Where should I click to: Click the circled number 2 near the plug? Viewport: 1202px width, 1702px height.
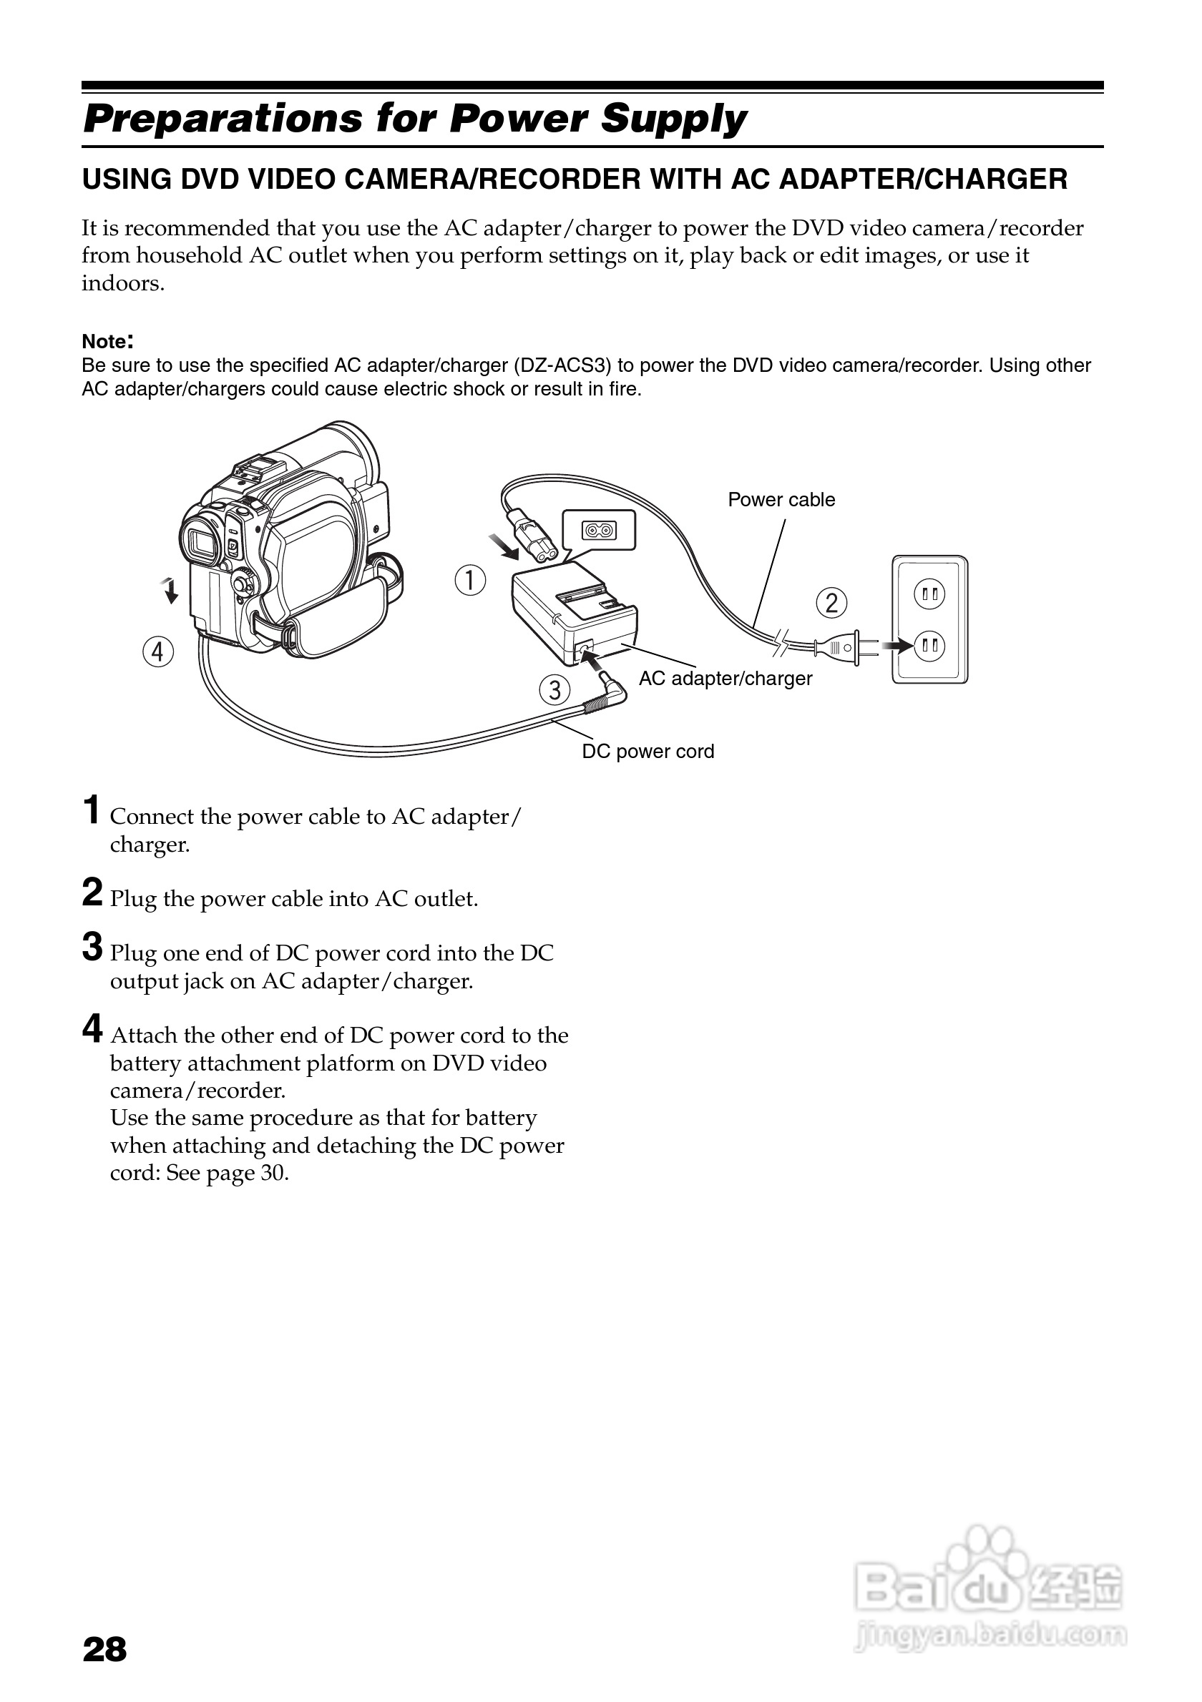(831, 603)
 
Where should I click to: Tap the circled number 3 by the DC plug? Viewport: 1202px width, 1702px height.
(554, 690)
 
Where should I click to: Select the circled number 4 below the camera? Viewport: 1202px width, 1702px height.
(158, 652)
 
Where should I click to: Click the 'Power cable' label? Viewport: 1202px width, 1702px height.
(781, 500)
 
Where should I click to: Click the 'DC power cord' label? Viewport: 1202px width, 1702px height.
(648, 751)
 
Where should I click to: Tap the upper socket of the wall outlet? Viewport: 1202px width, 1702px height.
(930, 594)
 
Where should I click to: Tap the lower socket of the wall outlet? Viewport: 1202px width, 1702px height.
(930, 646)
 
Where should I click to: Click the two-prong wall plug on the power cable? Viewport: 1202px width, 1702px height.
(841, 647)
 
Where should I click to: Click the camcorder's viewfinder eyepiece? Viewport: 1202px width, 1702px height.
(202, 541)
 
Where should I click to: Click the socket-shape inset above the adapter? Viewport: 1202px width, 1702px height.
(598, 530)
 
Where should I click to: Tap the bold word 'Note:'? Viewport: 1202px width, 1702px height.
(107, 342)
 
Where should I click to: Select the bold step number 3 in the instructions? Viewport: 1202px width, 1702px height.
(93, 948)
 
